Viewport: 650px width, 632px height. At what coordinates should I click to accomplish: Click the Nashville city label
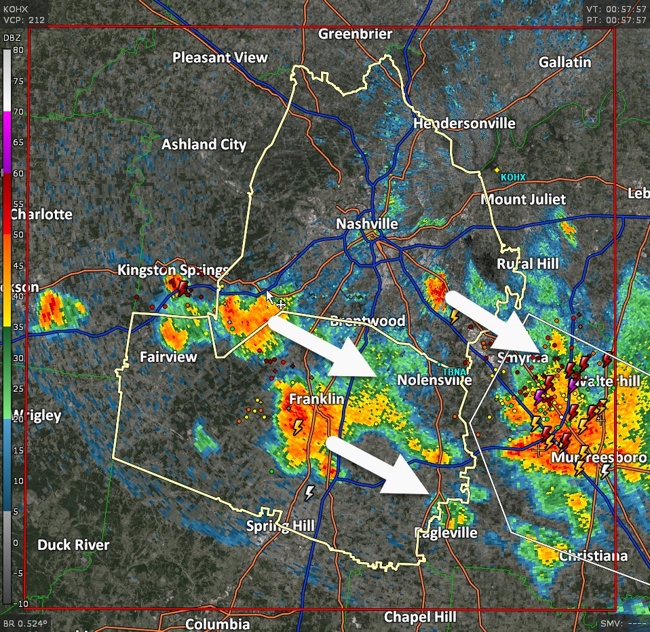tap(367, 224)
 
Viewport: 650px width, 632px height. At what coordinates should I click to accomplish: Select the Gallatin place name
tap(565, 62)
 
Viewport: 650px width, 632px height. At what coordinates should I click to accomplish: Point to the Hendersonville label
tap(464, 124)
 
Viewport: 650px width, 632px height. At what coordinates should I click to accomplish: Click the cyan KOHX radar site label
tap(513, 178)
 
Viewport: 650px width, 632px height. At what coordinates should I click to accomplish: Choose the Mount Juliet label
tap(522, 200)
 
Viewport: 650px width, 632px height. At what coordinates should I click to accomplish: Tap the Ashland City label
tap(204, 145)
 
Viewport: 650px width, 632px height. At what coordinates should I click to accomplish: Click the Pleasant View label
tap(220, 58)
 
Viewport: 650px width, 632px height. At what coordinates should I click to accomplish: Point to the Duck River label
tap(73, 544)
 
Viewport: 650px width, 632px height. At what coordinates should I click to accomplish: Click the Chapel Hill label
tap(420, 616)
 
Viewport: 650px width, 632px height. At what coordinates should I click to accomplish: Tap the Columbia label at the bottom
tap(217, 623)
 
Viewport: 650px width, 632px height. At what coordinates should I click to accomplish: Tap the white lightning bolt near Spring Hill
tap(309, 492)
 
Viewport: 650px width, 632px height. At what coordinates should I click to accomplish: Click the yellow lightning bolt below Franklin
tap(297, 427)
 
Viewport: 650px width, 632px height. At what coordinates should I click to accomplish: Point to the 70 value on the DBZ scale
tap(16, 111)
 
